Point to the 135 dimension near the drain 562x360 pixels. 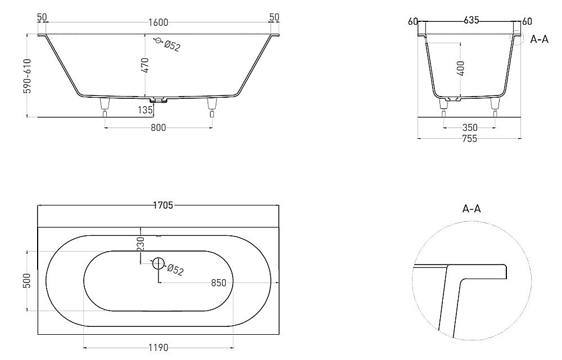[146, 110]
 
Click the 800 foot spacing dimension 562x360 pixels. [158, 128]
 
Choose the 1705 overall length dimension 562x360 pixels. [163, 206]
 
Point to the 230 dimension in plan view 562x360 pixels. [140, 243]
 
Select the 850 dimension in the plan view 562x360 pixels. [218, 283]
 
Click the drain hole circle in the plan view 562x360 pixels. [158, 263]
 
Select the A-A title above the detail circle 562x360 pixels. [471, 208]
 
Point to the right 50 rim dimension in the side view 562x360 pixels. [274, 17]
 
